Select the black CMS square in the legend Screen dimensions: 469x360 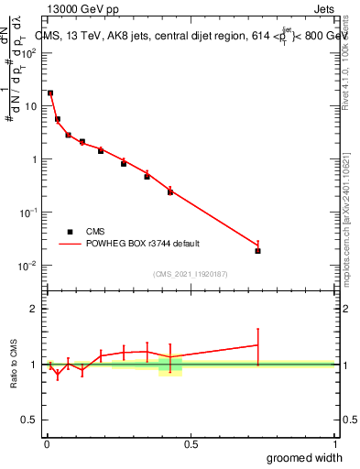click(70, 232)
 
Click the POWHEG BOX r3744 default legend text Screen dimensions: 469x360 click(144, 245)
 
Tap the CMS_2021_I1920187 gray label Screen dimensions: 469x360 click(190, 273)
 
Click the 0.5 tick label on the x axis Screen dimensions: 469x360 click(190, 444)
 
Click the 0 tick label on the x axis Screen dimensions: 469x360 click(46, 444)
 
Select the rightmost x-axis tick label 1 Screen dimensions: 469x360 click(333, 444)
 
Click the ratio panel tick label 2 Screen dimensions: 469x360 click(34, 309)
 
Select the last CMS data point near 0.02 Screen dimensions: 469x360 click(257, 250)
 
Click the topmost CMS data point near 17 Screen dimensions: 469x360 click(50, 93)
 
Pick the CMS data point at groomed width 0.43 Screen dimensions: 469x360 click(170, 191)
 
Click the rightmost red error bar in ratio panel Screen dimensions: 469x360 click(257, 345)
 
